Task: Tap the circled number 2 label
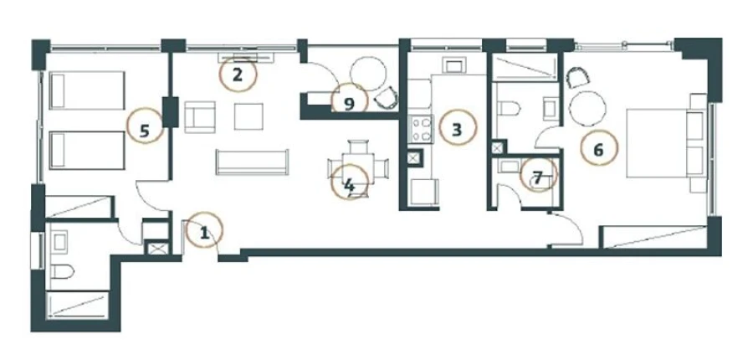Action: [238, 75]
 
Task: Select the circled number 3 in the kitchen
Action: [456, 129]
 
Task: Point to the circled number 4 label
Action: [349, 183]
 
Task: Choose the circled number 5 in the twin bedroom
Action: [145, 130]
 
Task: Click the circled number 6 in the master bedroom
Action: [597, 150]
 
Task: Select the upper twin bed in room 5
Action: [87, 90]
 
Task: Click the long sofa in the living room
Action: [252, 161]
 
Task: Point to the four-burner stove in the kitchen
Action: [419, 130]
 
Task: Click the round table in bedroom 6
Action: [587, 107]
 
